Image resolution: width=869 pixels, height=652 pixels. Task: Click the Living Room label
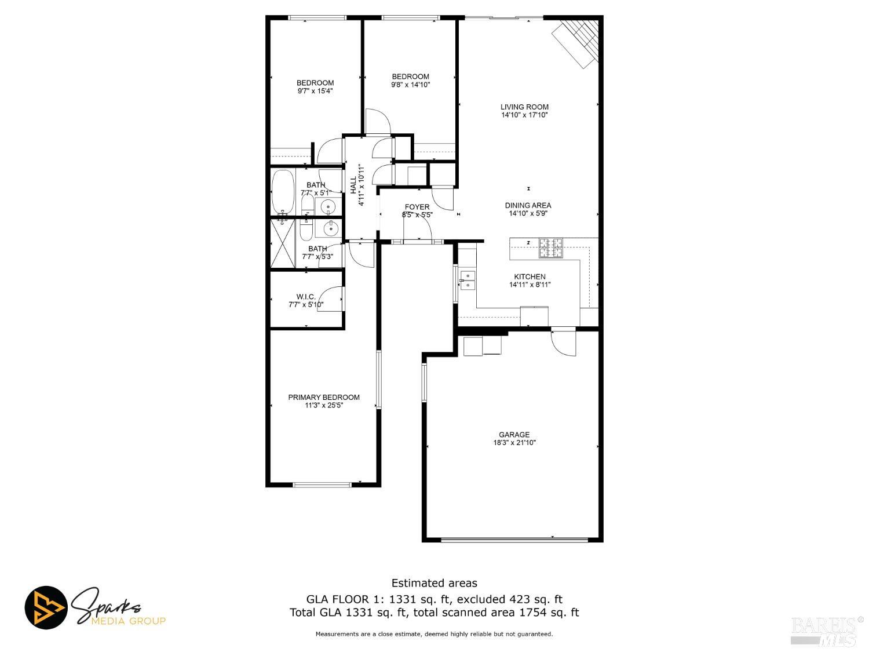525,107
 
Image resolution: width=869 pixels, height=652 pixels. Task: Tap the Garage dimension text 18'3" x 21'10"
514,443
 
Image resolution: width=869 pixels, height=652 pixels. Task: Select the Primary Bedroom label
324,397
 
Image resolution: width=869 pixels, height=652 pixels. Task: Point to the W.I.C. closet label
306,297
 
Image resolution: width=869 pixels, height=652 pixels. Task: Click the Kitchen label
530,277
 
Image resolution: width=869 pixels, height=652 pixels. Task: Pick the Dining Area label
528,205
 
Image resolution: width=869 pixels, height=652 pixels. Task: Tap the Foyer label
417,207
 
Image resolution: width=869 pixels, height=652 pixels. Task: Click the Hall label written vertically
354,185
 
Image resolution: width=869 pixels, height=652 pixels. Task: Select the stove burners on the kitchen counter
551,249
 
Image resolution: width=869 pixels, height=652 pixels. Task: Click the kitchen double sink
468,279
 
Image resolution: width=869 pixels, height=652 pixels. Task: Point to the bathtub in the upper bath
283,191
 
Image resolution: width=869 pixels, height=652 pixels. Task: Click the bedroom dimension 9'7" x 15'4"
315,91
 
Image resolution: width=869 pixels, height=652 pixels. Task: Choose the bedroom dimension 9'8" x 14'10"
411,85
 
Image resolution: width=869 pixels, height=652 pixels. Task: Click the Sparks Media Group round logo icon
46,607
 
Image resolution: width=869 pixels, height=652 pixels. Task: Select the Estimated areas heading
434,583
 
